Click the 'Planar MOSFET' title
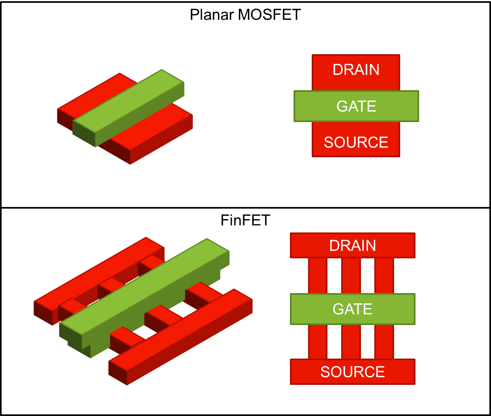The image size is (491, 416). [245, 15]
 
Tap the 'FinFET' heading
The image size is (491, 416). [245, 220]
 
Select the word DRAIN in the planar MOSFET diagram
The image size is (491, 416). [356, 70]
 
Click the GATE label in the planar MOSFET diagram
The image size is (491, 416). [356, 106]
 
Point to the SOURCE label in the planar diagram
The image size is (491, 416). [356, 142]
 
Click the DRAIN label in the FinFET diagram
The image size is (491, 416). [353, 246]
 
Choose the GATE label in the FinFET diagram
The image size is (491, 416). [353, 309]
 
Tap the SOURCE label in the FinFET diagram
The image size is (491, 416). [353, 372]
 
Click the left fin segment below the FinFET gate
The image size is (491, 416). [318, 342]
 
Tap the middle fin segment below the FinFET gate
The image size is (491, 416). [351, 342]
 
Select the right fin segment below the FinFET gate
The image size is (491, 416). [384, 342]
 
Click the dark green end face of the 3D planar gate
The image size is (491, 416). [84, 133]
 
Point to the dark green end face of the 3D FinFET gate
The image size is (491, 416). [71, 336]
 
